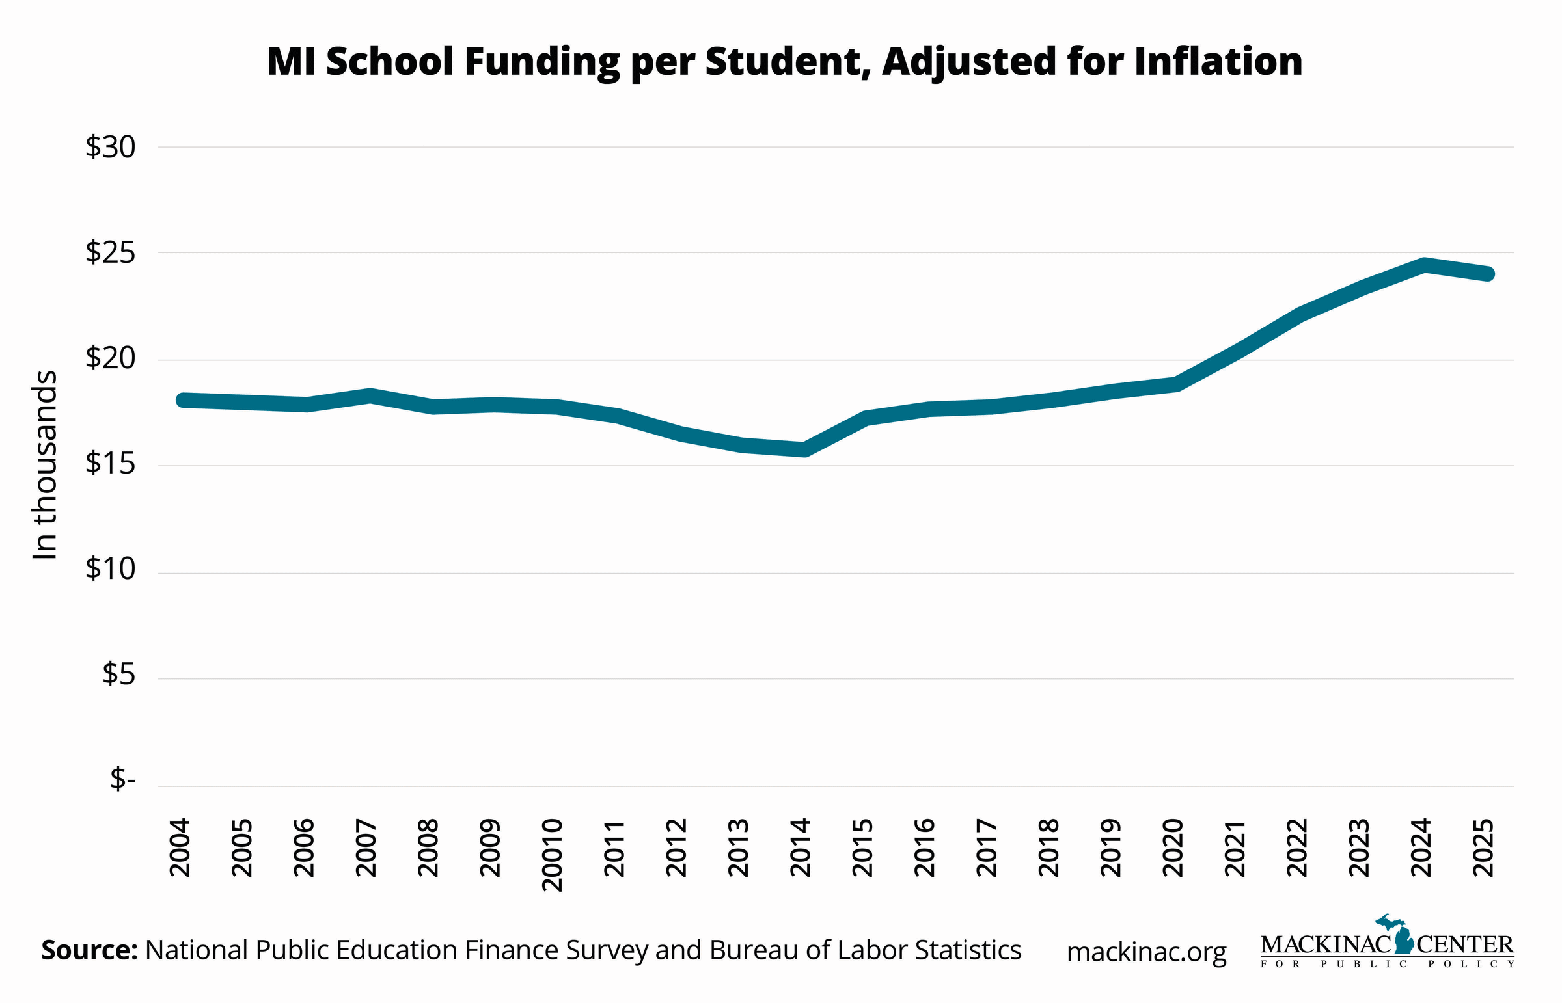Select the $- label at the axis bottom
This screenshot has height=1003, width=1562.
[x=122, y=779]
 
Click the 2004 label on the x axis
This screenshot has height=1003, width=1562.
[x=180, y=848]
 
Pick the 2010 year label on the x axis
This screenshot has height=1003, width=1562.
[x=552, y=854]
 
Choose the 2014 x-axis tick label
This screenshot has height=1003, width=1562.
[x=801, y=848]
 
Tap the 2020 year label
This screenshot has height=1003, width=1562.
[x=1173, y=848]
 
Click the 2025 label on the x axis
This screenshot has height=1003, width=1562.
[x=1484, y=848]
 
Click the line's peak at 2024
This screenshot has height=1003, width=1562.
[x=1425, y=265]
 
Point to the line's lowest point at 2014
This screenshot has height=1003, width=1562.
[x=804, y=449]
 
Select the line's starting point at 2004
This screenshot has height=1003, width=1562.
[x=183, y=400]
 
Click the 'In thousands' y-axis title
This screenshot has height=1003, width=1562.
[x=45, y=464]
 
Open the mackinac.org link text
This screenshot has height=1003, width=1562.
[x=1146, y=952]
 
